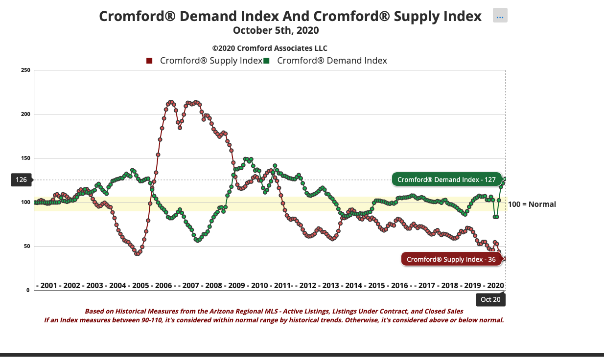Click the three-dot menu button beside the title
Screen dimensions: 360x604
tap(500, 16)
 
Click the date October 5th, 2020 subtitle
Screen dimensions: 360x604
tap(276, 30)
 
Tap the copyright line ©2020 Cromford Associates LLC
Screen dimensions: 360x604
tap(270, 48)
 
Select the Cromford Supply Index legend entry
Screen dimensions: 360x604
tap(205, 61)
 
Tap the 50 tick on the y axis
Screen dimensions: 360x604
tap(27, 247)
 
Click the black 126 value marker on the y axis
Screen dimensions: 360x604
tap(21, 180)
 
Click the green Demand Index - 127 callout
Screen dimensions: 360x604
tap(446, 180)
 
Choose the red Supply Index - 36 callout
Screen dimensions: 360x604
tap(451, 259)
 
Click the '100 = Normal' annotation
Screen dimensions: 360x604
tap(532, 204)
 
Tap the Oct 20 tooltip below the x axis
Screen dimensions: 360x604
tap(490, 299)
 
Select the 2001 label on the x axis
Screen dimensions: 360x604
tap(48, 285)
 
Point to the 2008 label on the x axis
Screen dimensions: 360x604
tap(213, 285)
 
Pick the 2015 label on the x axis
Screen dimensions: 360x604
tap(376, 285)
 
